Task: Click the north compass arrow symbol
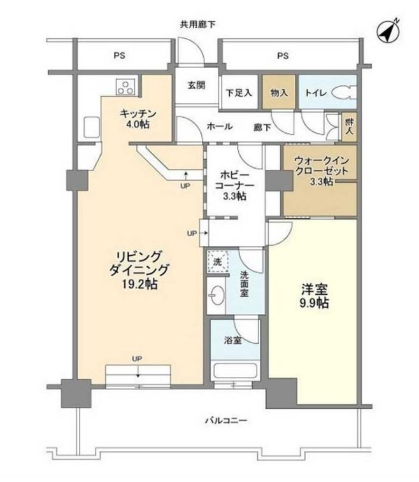click(387, 30)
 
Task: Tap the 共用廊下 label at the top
click(197, 24)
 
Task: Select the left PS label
click(120, 56)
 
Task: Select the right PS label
click(283, 56)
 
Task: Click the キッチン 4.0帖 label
click(137, 119)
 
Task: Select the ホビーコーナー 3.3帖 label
click(234, 185)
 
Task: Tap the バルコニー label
click(225, 420)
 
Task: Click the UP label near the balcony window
click(137, 359)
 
